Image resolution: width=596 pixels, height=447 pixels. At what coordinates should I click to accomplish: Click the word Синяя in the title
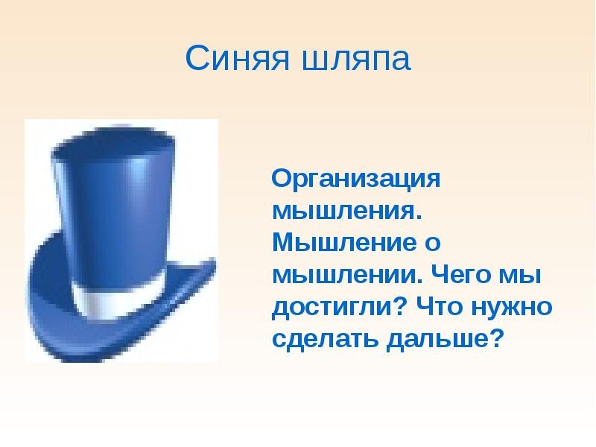[238, 57]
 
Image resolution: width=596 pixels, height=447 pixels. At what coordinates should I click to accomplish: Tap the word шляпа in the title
[357, 60]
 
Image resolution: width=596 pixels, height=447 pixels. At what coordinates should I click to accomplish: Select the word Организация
[356, 179]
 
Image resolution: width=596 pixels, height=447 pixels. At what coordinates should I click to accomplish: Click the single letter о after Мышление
[433, 244]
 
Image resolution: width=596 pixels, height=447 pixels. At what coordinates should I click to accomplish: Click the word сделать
[326, 339]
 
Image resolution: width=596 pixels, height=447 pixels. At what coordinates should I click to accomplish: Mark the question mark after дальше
[496, 337]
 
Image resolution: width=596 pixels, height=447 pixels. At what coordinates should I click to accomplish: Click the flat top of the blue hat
[113, 143]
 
